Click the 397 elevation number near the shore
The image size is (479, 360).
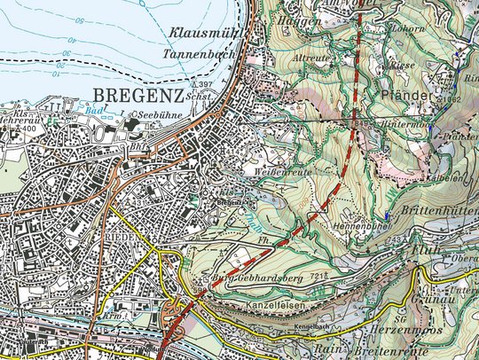pyautogui.click(x=232, y=84)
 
